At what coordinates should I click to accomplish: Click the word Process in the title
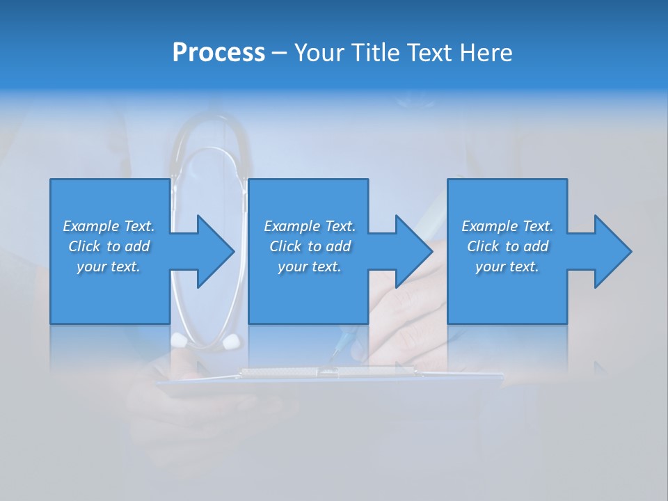pos(218,53)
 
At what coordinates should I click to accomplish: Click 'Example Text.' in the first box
pos(109,226)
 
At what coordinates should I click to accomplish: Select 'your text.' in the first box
pos(109,267)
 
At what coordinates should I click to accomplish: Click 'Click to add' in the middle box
pos(310,246)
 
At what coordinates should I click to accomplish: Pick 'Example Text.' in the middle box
pos(310,226)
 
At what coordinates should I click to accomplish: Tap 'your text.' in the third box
pos(507,267)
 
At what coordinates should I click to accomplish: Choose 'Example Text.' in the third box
pos(507,226)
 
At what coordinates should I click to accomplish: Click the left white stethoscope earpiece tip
pos(179,340)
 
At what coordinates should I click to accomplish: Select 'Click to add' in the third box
pos(507,246)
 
